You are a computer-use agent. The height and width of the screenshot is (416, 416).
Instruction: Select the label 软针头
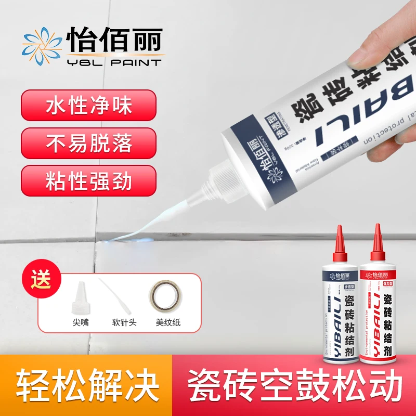[124, 322]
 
